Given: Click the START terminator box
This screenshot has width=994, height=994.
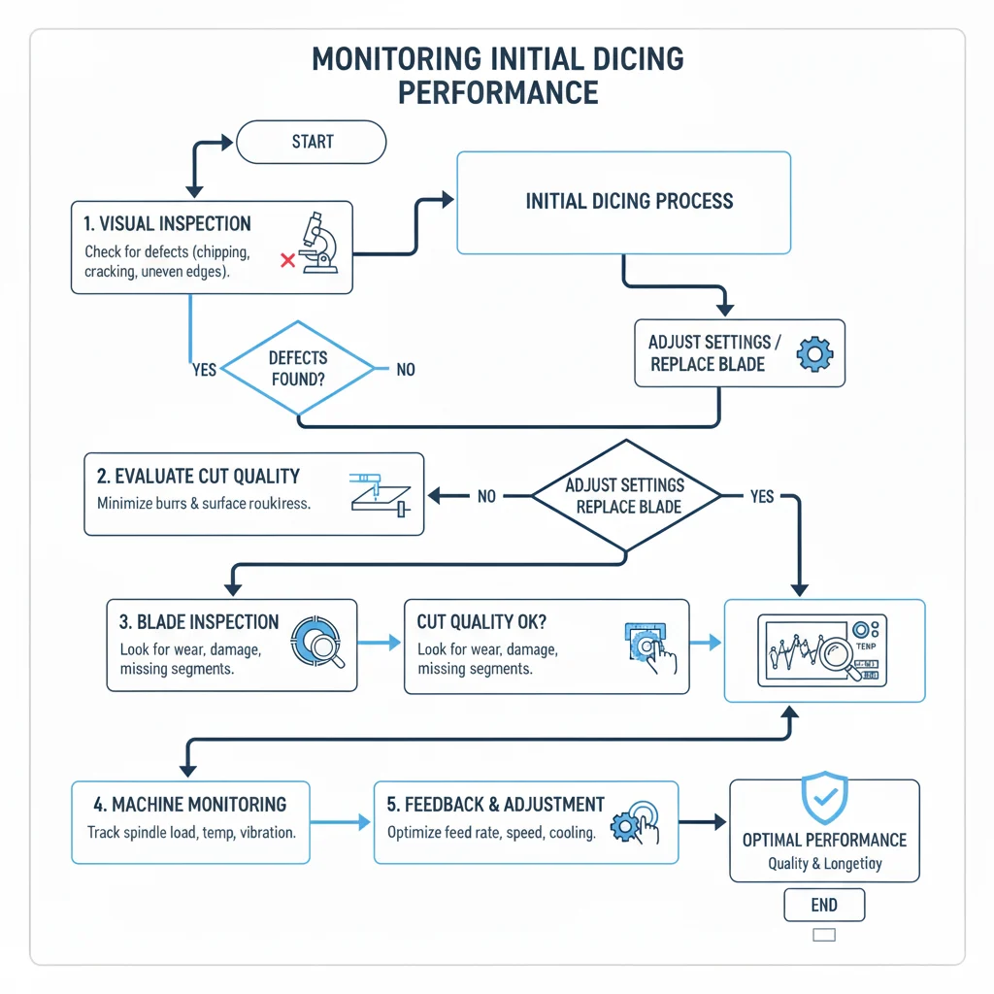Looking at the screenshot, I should [x=312, y=143].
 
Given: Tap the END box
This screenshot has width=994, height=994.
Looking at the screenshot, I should [x=823, y=905].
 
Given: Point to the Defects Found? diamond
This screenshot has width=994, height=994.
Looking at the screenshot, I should [x=297, y=369].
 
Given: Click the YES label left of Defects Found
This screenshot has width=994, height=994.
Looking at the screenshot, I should [x=204, y=370].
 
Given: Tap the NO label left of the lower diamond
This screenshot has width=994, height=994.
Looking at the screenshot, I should [x=486, y=496].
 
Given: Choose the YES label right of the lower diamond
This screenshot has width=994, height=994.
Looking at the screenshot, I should [x=762, y=496].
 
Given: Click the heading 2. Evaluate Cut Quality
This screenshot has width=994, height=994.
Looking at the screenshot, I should [x=198, y=477].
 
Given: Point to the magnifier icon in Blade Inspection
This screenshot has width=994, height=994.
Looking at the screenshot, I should [x=318, y=642].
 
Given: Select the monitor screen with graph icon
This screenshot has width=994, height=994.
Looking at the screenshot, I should [x=823, y=649].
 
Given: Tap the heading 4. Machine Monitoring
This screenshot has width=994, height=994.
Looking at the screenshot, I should [x=189, y=805].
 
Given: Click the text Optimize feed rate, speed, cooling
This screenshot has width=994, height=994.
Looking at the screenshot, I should [x=491, y=833].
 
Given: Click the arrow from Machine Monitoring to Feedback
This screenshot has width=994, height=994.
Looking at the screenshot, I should [x=341, y=822].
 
